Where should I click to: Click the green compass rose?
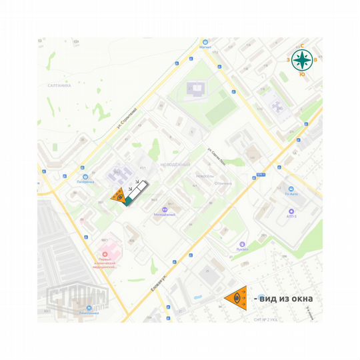pos(302,60)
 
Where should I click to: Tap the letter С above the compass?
pos(302,46)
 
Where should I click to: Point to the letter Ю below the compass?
pos(302,75)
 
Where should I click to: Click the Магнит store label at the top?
pos(205,47)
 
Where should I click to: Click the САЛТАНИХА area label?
pos(59,85)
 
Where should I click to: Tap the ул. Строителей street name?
pos(126,118)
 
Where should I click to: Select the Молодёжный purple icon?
pos(164,209)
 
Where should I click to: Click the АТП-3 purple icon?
pos(291,211)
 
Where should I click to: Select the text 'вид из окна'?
pos(287,299)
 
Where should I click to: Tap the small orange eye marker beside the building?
pos(117,196)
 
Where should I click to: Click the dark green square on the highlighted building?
pos(127,200)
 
